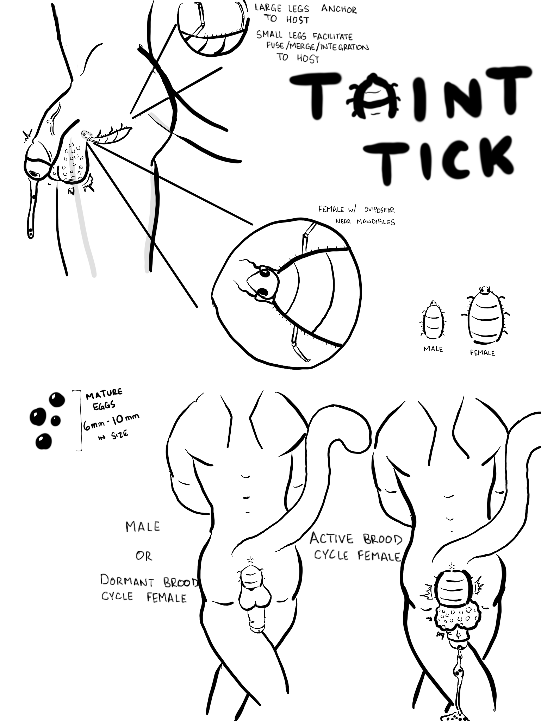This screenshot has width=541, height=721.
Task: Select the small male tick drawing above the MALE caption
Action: (433, 319)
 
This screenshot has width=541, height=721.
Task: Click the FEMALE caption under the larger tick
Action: (482, 353)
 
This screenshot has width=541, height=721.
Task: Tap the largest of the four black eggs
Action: (38, 416)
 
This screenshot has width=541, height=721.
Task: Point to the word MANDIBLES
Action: (375, 222)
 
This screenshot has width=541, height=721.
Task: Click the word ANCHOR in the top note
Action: (338, 9)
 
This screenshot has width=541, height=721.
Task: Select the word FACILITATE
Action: (332, 36)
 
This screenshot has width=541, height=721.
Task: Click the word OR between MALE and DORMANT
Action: (144, 556)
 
